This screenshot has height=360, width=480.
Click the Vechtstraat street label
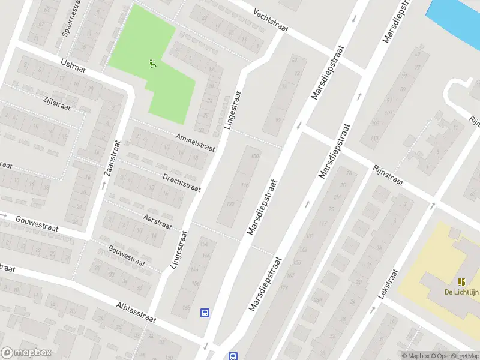(271, 21)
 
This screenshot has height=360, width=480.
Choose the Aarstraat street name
(158, 221)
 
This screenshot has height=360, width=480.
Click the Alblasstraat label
(136, 311)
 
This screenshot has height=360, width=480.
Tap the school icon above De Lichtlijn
(461, 282)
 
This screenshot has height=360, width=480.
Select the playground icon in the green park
(153, 63)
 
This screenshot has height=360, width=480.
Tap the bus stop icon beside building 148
(205, 313)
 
